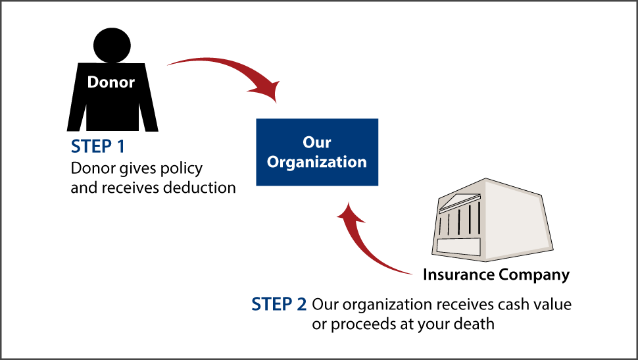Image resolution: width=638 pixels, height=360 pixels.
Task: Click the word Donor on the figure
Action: tap(111, 82)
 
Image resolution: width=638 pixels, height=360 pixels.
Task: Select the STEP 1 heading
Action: tap(97, 147)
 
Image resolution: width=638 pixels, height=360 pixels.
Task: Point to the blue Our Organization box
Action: tap(317, 151)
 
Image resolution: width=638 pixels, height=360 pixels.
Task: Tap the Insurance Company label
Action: tap(496, 274)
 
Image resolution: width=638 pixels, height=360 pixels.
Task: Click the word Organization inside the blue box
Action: tap(317, 162)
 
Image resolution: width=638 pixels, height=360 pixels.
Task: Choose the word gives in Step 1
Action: tap(138, 168)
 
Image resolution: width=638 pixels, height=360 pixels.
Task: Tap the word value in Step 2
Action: tap(552, 305)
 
